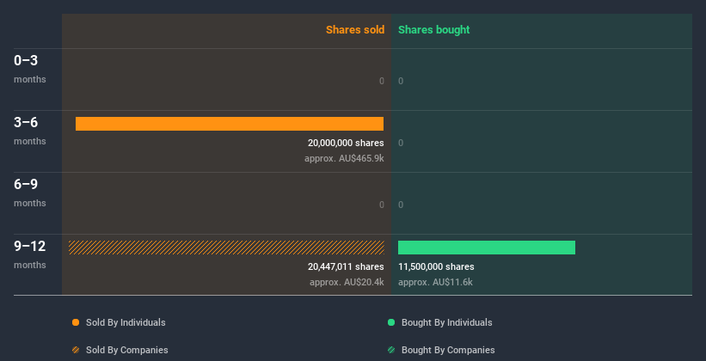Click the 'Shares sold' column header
pyautogui.click(x=354, y=30)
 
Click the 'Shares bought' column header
pyautogui.click(x=433, y=30)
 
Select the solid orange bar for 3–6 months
pyautogui.click(x=230, y=124)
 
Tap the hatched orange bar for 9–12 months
pyautogui.click(x=226, y=248)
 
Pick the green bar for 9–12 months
pyautogui.click(x=487, y=248)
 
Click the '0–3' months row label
pyautogui.click(x=27, y=61)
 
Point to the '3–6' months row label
pyautogui.click(x=27, y=123)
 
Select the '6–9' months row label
pyautogui.click(x=27, y=185)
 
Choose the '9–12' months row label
pyautogui.click(x=29, y=247)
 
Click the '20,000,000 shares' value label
pyautogui.click(x=346, y=143)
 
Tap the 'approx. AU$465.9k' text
pyautogui.click(x=344, y=158)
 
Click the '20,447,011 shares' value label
pyautogui.click(x=346, y=266)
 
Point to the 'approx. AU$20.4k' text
pyautogui.click(x=347, y=282)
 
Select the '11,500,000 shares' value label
pyautogui.click(x=436, y=266)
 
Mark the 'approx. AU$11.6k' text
pyautogui.click(x=435, y=282)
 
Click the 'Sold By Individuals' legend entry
pyautogui.click(x=120, y=322)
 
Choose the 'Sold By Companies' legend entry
pyautogui.click(x=120, y=350)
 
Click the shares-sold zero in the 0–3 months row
pyautogui.click(x=381, y=81)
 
